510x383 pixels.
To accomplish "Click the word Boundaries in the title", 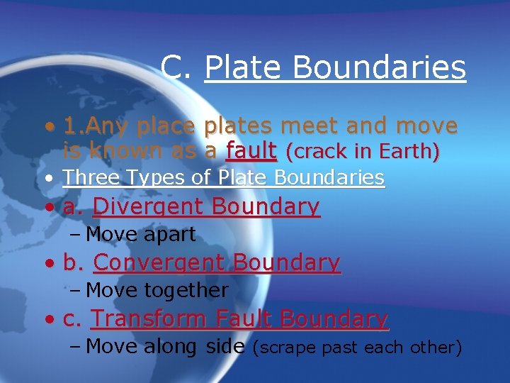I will pyautogui.click(x=379, y=67).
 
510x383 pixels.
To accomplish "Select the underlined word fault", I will pyautogui.click(x=251, y=151).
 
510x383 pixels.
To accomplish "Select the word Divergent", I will pyautogui.click(x=148, y=206).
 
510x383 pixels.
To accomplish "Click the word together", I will pyautogui.click(x=186, y=290).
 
